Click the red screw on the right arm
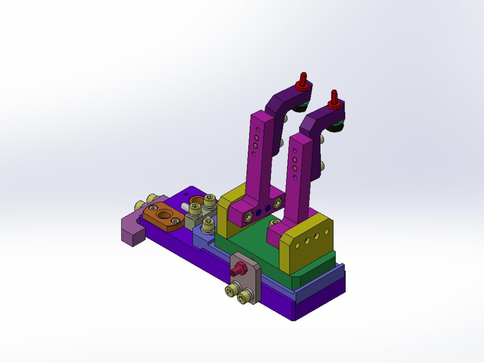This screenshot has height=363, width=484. pyautogui.click(x=333, y=99)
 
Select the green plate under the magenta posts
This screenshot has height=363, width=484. pyautogui.click(x=247, y=242)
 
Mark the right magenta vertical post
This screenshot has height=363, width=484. pyautogui.click(x=299, y=174)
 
